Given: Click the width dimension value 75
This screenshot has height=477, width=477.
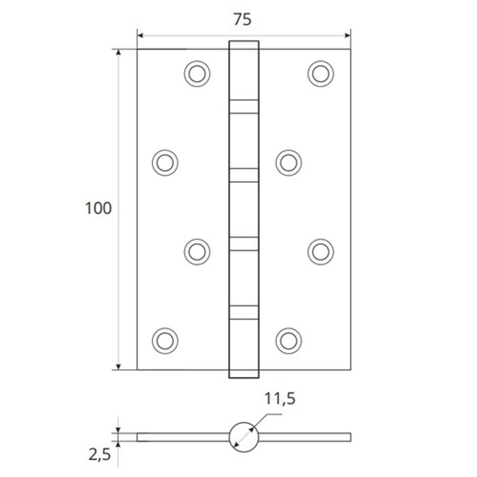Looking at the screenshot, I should (x=242, y=20).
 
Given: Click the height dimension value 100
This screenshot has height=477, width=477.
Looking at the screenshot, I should (x=98, y=208).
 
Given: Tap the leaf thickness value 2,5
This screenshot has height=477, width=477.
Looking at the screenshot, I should (x=99, y=455).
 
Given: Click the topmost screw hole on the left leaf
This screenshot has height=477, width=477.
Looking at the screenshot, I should (x=197, y=74).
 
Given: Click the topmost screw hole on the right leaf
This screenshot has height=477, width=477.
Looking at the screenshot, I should (x=321, y=74).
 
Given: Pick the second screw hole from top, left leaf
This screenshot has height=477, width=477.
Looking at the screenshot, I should (x=165, y=162).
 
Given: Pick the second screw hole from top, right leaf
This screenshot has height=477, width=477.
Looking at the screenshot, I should (x=289, y=162).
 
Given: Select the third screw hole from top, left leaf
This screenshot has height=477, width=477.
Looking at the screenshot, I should (x=197, y=251).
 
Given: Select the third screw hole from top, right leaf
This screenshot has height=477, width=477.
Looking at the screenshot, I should (x=321, y=251).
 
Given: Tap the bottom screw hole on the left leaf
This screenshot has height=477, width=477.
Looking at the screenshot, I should (x=165, y=341).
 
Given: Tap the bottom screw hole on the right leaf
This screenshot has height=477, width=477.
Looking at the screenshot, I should (x=289, y=341).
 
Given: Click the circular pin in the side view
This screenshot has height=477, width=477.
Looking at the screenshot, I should (x=244, y=436).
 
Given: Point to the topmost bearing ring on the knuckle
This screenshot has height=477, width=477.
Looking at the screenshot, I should (x=244, y=106).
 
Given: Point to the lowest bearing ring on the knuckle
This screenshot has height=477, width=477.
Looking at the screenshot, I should (x=244, y=312).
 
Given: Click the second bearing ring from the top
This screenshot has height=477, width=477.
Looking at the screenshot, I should (x=244, y=175).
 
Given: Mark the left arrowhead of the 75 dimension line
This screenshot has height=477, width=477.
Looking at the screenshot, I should (x=140, y=35).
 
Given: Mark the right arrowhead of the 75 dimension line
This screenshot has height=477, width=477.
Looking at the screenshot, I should (x=348, y=35).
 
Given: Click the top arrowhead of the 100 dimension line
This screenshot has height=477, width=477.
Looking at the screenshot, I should (x=118, y=52).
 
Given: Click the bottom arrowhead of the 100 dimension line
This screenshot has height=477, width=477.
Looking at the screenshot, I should (x=118, y=366).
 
